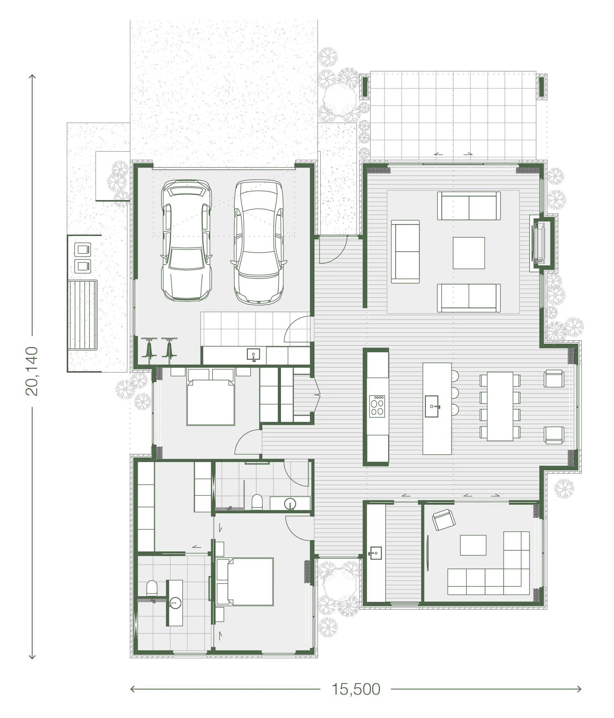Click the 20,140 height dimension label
[x=32, y=371]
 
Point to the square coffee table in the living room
[x=468, y=253]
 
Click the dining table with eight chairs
[x=500, y=406]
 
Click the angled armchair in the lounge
[x=444, y=520]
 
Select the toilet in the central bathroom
[x=257, y=502]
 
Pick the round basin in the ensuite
[x=175, y=603]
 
